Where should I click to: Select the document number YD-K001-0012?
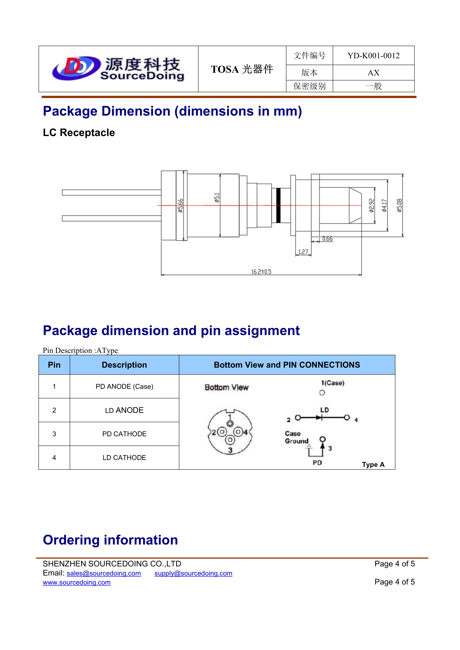(x=373, y=56)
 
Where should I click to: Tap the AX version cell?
(x=373, y=73)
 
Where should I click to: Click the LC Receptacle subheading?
(x=79, y=133)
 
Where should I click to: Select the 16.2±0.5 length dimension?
(x=261, y=272)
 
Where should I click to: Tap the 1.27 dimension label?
(x=303, y=252)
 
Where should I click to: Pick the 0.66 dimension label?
(x=327, y=239)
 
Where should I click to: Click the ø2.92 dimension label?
(x=372, y=205)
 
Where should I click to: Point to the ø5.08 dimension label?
(x=399, y=205)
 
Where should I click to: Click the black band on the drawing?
(x=278, y=205)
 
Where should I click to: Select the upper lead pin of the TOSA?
(x=112, y=193)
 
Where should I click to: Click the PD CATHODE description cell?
(x=124, y=434)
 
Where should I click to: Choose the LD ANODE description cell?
(x=124, y=410)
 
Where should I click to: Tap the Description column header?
(x=124, y=365)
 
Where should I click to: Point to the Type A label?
(x=373, y=465)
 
